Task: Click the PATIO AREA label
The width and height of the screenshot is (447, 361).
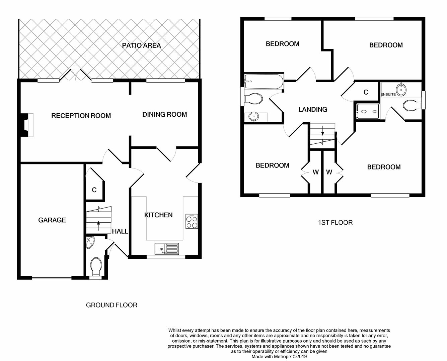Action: coord(141,45)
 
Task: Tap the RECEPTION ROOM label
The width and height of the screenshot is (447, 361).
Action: coord(81,116)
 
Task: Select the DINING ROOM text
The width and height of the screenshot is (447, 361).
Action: coord(164,114)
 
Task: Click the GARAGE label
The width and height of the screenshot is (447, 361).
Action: coord(52,220)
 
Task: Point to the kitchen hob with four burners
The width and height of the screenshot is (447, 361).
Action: coord(192,221)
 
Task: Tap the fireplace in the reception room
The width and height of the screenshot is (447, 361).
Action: coord(26,125)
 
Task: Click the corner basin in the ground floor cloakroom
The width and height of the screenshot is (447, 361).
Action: coord(90,243)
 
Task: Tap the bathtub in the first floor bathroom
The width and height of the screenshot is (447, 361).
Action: coord(264,82)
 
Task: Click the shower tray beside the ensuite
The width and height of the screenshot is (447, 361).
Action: coord(368,111)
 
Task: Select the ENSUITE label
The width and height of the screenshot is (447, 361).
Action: coord(388,94)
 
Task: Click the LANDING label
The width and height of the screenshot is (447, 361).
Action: coord(313,109)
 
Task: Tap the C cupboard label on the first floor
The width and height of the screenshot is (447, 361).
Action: coord(366,92)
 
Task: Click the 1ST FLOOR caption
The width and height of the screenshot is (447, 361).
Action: coord(335,223)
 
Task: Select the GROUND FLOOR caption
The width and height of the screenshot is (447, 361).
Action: coord(111,305)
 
